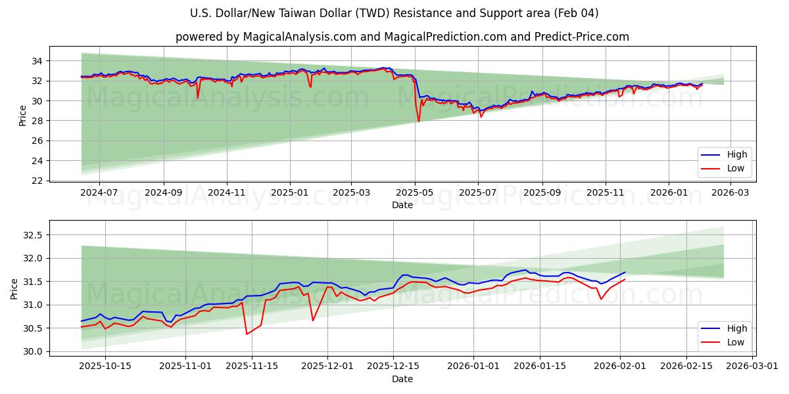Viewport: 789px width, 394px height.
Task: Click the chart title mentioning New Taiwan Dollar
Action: click(x=394, y=13)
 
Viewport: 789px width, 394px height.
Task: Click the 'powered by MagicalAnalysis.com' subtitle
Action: click(x=402, y=37)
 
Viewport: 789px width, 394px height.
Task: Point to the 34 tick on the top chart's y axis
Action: click(x=37, y=61)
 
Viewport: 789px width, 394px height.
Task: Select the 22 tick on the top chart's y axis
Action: click(x=37, y=181)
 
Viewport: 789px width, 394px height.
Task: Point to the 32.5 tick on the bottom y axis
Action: click(x=32, y=235)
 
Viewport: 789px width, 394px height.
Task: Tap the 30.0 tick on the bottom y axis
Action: click(x=32, y=351)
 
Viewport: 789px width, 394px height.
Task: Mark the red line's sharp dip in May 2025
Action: click(x=418, y=121)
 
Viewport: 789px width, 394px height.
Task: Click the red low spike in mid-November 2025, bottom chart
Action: click(x=247, y=334)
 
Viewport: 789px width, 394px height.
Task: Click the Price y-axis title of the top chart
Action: click(x=23, y=115)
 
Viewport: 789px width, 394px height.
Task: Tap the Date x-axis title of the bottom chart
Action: click(x=402, y=379)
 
